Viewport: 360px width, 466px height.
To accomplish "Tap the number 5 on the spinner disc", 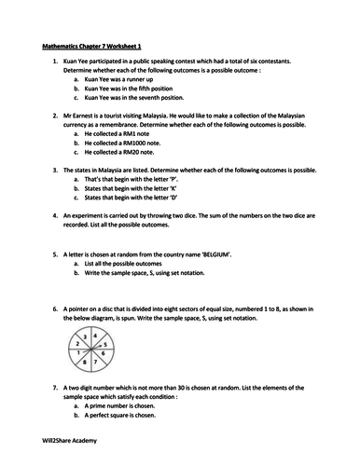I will click(x=105, y=344).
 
